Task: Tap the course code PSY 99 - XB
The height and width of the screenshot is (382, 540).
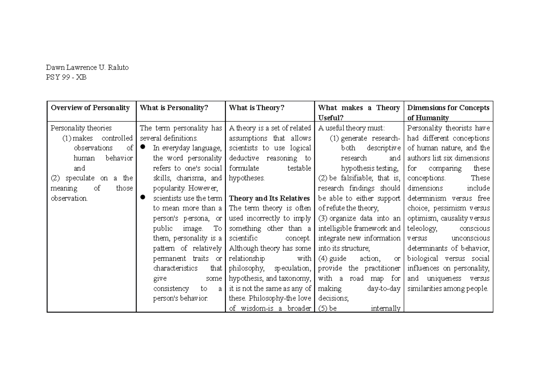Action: point(66,77)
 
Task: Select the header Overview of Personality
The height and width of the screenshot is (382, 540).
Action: point(90,108)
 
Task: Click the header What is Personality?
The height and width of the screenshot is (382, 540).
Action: point(174,108)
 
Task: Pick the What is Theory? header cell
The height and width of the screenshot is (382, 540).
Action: point(256,108)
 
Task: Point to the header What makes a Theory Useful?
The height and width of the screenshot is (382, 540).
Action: point(359,112)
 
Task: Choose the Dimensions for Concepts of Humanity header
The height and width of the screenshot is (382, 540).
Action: point(448,112)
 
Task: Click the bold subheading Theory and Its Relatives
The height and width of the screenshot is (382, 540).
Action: point(269,198)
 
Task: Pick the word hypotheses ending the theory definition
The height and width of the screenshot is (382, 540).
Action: point(246,178)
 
